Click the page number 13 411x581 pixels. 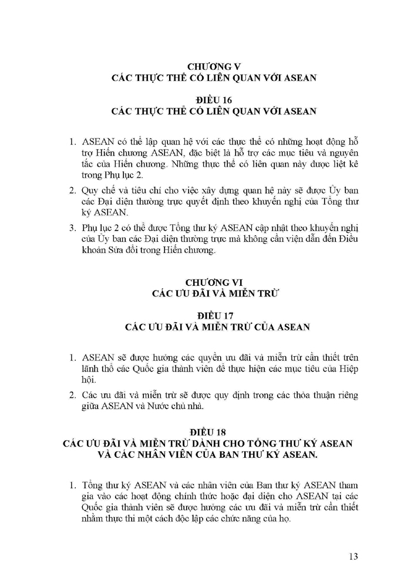click(x=353, y=556)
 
